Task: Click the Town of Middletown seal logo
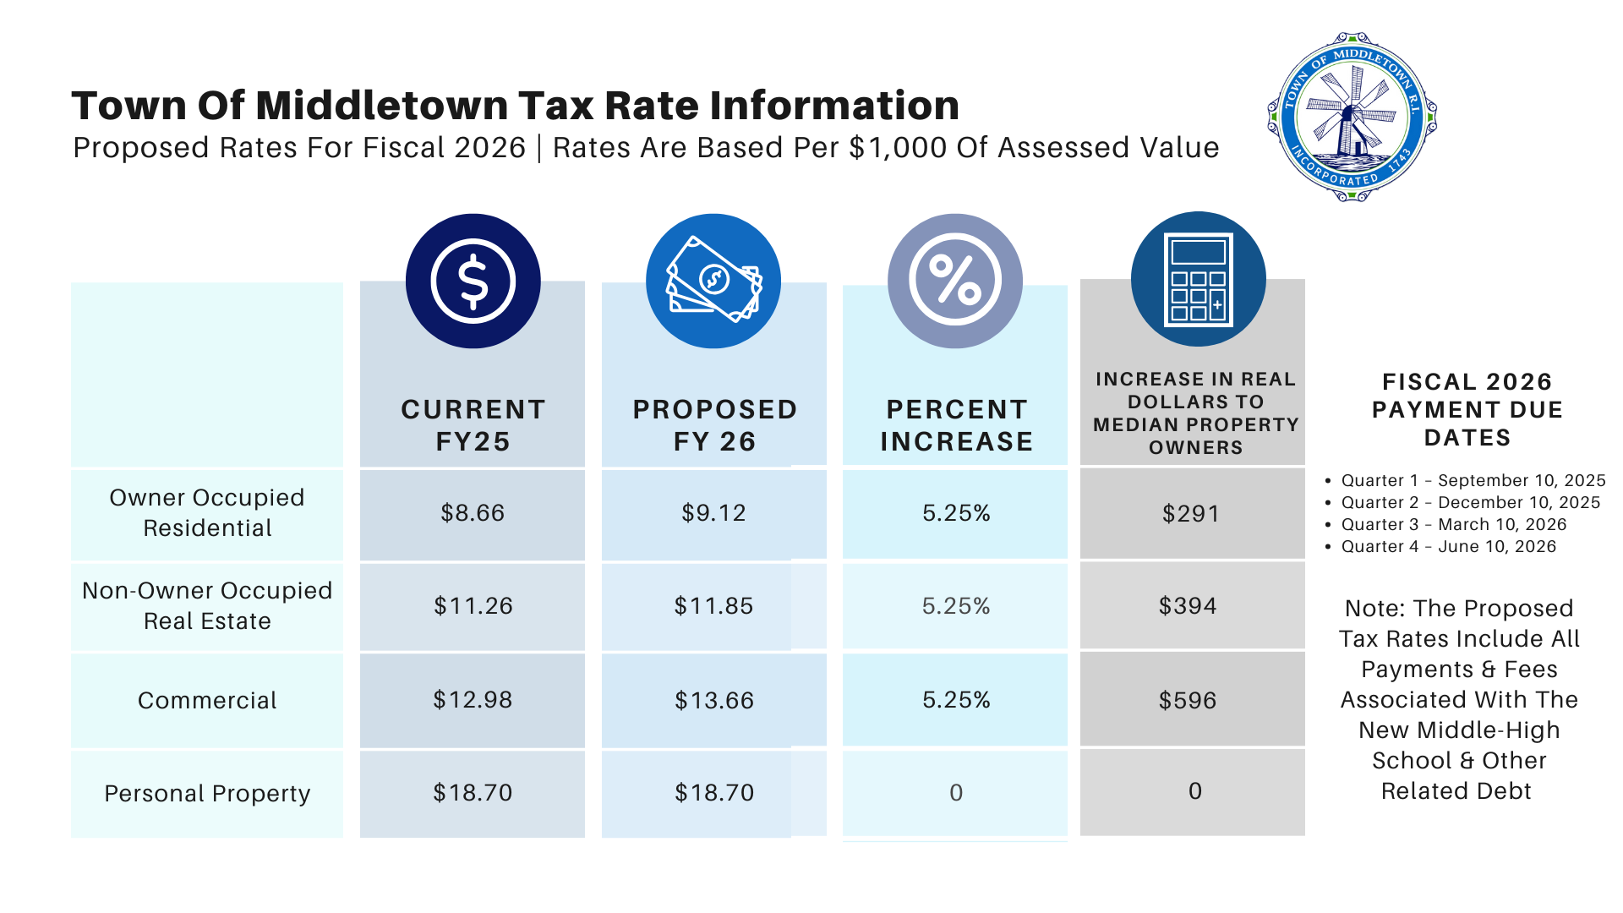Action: [1352, 117]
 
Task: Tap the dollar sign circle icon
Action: [473, 281]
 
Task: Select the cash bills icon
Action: [713, 281]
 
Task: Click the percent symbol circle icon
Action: [954, 281]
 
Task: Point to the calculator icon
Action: [1198, 279]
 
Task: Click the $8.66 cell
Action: [473, 513]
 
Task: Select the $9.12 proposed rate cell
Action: [713, 513]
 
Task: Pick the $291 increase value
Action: [1191, 514]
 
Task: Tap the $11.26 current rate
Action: [473, 606]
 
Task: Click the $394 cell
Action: [1188, 606]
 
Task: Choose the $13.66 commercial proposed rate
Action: [713, 701]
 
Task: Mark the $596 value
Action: [1188, 701]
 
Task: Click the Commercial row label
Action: [207, 701]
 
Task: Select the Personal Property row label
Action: [207, 794]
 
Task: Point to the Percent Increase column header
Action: [956, 425]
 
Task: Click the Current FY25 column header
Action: [473, 425]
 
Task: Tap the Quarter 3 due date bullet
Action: [1453, 524]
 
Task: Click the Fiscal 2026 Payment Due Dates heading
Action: [1467, 410]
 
